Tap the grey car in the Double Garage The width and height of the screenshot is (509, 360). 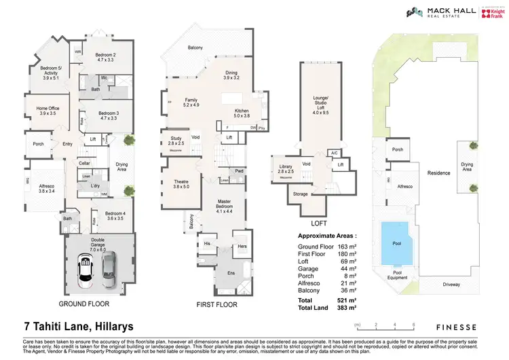point(109,267)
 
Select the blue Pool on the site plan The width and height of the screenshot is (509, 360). point(396,243)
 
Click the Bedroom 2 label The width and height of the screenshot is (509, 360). point(105,57)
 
